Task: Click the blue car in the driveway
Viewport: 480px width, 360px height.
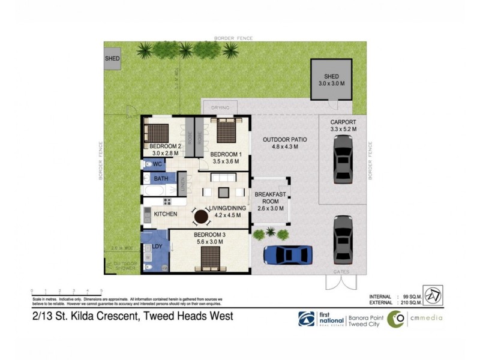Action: click(x=288, y=254)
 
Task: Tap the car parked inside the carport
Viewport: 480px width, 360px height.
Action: click(x=342, y=158)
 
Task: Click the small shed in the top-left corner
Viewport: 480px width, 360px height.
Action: click(x=112, y=58)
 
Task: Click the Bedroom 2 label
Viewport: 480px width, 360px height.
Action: click(x=165, y=149)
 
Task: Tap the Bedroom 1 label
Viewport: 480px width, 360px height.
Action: click(x=226, y=157)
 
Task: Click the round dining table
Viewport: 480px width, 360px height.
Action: click(x=200, y=216)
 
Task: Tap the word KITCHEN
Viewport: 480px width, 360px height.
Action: click(x=165, y=214)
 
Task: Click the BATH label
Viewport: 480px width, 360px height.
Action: click(x=161, y=179)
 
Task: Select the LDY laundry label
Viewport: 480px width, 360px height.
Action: click(x=158, y=246)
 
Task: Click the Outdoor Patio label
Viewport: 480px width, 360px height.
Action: click(x=285, y=143)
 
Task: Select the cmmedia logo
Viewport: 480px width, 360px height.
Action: click(x=414, y=318)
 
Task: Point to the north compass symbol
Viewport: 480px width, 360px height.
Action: click(x=433, y=294)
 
